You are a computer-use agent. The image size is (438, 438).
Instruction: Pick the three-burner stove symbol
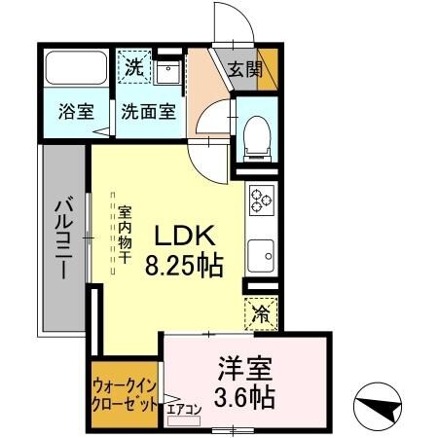pyautogui.click(x=261, y=200)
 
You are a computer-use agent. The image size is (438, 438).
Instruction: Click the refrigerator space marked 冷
pyautogui.click(x=261, y=313)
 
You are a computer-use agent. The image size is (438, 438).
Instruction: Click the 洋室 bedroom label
pyautogui.click(x=246, y=369)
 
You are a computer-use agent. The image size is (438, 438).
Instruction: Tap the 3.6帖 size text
pyautogui.click(x=246, y=397)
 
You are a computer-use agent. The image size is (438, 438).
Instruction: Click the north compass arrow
pyautogui.click(x=381, y=400)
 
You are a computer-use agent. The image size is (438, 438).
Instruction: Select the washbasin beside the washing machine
pyautogui.click(x=166, y=71)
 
